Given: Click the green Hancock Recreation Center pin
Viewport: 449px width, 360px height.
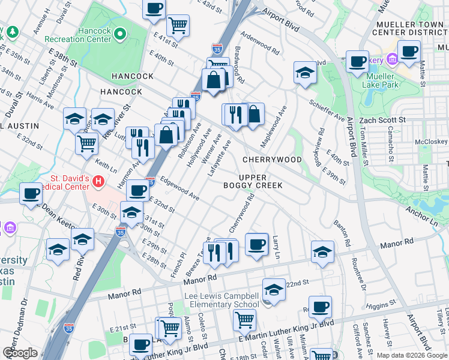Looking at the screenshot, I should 120,34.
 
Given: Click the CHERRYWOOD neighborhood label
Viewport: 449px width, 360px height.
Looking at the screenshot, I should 272,160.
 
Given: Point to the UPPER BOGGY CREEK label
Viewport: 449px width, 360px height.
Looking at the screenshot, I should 261,182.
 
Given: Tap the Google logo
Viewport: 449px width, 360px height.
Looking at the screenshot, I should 20,353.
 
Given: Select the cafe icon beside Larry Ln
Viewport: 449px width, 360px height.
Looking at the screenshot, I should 256,244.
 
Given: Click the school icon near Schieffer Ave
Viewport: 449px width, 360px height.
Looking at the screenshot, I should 305,73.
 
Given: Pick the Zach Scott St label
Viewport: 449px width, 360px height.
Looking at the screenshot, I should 382,120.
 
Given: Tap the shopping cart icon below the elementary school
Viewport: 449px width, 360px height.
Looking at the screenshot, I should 244,320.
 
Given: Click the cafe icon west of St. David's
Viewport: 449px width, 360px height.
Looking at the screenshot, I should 31,194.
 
